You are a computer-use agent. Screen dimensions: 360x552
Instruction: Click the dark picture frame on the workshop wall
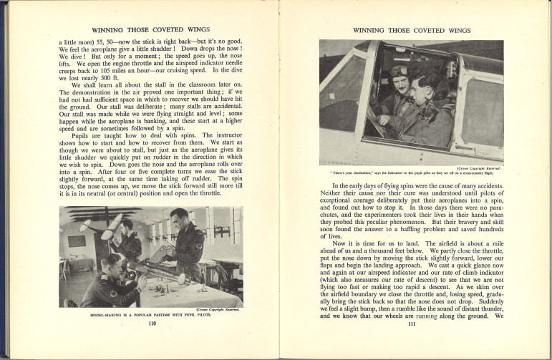pos(77,241)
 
